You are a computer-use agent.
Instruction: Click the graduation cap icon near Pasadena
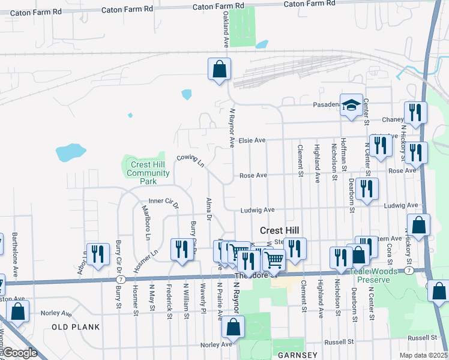pyautogui.click(x=351, y=106)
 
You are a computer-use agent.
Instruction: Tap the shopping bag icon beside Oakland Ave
pyautogui.click(x=220, y=68)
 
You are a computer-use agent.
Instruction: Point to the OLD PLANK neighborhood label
pyautogui.click(x=70, y=327)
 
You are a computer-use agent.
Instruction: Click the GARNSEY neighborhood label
pyautogui.click(x=298, y=355)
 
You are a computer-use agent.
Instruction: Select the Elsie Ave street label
pyautogui.click(x=252, y=140)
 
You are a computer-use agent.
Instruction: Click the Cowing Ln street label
pyautogui.click(x=190, y=160)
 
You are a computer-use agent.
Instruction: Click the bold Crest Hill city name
pyautogui.click(x=279, y=230)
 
